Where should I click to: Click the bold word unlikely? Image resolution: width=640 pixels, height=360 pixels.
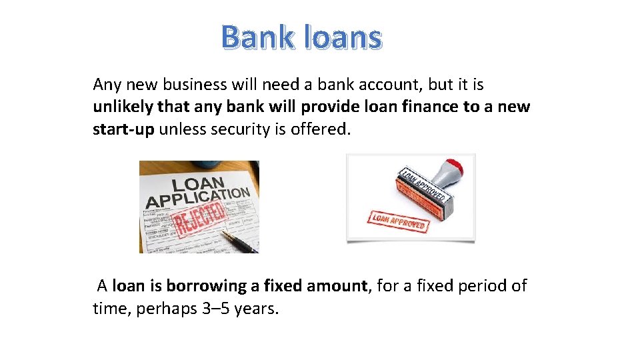pos(122,107)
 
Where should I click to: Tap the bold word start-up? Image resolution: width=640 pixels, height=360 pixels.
pos(123,129)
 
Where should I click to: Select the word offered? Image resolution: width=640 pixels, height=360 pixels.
pos(321,129)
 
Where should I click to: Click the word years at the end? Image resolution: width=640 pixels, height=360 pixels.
pos(255,309)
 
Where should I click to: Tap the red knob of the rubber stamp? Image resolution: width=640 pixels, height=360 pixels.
pos(455,166)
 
